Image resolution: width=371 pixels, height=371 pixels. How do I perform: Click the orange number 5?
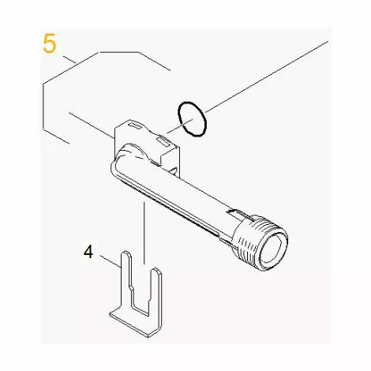point(50,43)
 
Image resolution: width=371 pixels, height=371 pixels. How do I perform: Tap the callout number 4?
point(88,253)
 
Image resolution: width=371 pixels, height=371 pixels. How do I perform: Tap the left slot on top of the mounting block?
point(131,126)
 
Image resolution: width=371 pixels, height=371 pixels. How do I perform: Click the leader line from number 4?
point(110,260)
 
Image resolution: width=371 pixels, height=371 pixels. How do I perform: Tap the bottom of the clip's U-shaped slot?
point(141,305)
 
